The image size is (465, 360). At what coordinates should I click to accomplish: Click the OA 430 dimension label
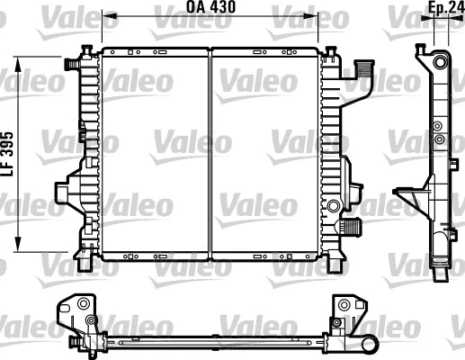tap(209, 8)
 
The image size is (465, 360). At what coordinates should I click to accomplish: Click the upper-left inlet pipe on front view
tap(69, 65)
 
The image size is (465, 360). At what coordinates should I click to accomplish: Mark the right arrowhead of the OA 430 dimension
tap(317, 15)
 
